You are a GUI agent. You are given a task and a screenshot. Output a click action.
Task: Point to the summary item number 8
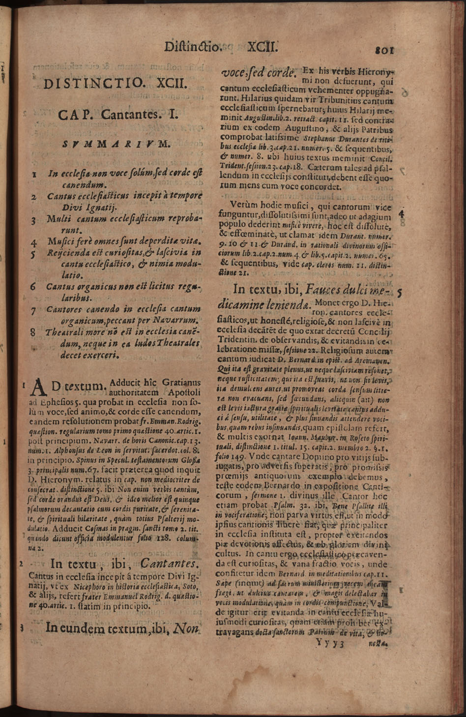coord(33,332)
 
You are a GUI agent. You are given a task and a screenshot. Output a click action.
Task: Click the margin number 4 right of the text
coord(401,214)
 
